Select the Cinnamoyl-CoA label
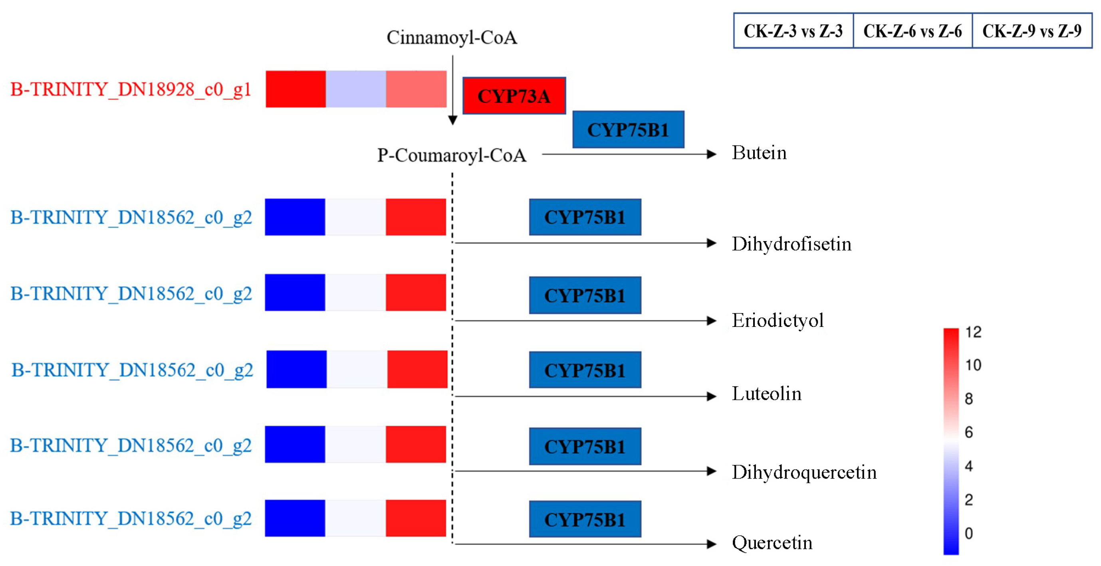click(452, 38)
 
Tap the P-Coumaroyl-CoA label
click(451, 155)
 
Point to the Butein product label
click(759, 153)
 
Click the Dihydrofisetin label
click(792, 244)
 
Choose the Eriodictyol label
click(778, 321)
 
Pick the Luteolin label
click(766, 394)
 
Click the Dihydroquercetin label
click(804, 472)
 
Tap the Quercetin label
click(772, 542)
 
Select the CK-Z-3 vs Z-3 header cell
click(793, 31)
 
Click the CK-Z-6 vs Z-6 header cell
click(913, 31)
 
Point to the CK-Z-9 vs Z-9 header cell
click(1032, 31)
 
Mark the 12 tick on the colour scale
click(973, 332)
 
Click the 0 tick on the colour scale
click(969, 533)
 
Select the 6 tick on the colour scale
click(969, 432)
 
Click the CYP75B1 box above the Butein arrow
click(628, 129)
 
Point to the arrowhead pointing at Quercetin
click(711, 544)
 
